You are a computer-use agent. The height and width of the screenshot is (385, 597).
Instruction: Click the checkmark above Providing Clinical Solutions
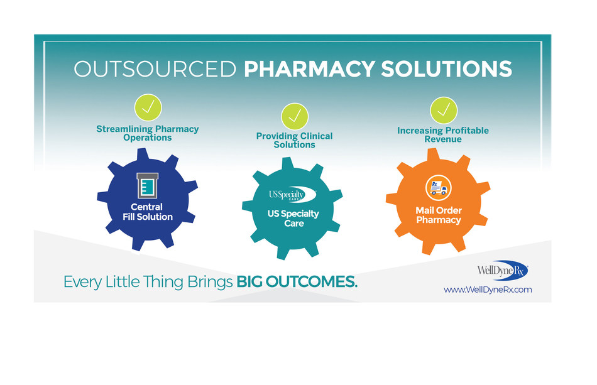coord(294,116)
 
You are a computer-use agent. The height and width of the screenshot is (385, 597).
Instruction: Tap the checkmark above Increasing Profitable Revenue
coord(443,110)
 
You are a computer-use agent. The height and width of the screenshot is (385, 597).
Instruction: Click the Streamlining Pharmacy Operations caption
coord(148,133)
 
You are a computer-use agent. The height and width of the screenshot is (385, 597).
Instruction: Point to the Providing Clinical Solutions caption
coord(294,140)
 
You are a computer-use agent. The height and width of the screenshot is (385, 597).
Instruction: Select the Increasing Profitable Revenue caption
coord(443,134)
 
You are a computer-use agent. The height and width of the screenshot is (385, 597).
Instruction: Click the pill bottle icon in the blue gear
coord(146,185)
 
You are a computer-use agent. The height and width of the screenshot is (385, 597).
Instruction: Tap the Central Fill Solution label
coord(147,212)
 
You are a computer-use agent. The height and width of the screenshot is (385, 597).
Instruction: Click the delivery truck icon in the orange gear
coord(439,188)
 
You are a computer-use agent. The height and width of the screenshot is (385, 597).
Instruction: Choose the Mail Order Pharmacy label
coord(438,215)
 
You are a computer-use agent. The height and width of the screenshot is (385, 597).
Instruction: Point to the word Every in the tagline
coord(82,283)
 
